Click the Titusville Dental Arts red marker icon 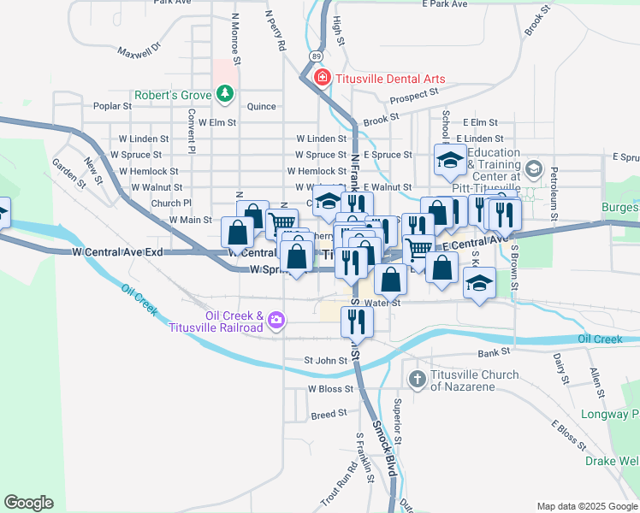pyautogui.click(x=323, y=79)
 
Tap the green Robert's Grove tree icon pyautogui.click(x=225, y=93)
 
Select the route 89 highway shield pyautogui.click(x=317, y=56)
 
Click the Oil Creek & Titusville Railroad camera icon pyautogui.click(x=276, y=321)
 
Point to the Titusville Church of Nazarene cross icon pyautogui.click(x=418, y=379)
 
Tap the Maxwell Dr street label pyautogui.click(x=140, y=51)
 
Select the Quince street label pyautogui.click(x=261, y=107)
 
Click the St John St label pyautogui.click(x=326, y=360)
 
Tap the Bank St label pyautogui.click(x=494, y=351)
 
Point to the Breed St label pyautogui.click(x=329, y=413)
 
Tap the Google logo pyautogui.click(x=27, y=503)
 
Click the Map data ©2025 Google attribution pyautogui.click(x=586, y=506)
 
